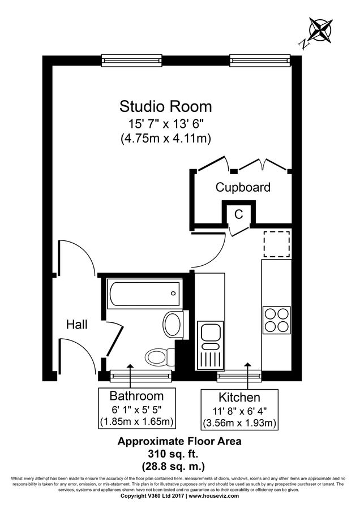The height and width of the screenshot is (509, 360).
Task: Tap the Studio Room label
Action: pyautogui.click(x=165, y=106)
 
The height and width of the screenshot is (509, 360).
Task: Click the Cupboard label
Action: pyautogui.click(x=243, y=187)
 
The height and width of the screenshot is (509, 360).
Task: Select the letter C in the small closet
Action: pyautogui.click(x=239, y=214)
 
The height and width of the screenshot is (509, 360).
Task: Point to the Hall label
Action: pyautogui.click(x=76, y=325)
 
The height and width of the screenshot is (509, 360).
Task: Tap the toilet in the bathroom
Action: pyautogui.click(x=159, y=356)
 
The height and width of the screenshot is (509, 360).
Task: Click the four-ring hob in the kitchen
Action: pyautogui.click(x=276, y=320)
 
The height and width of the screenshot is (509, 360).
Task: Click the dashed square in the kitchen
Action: pyautogui.click(x=276, y=244)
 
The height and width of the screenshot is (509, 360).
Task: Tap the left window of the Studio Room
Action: pyautogui.click(x=132, y=59)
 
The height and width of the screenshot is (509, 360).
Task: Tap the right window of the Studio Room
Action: pyautogui.click(x=260, y=59)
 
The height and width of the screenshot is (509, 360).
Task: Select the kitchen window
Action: pyautogui.click(x=239, y=375)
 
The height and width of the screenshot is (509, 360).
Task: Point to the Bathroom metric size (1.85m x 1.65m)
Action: pyautogui.click(x=136, y=421)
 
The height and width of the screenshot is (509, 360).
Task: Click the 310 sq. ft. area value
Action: pyautogui.click(x=179, y=453)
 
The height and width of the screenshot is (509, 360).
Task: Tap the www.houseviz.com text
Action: pyautogui.click(x=215, y=495)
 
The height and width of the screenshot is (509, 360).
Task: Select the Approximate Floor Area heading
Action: pyautogui.click(x=179, y=441)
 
